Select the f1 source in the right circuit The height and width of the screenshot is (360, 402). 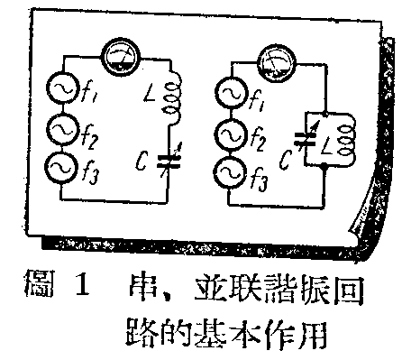pyautogui.click(x=229, y=93)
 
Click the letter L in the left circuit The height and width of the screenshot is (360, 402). pyautogui.click(x=150, y=91)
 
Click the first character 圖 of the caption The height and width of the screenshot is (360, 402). pyautogui.click(x=39, y=293)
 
